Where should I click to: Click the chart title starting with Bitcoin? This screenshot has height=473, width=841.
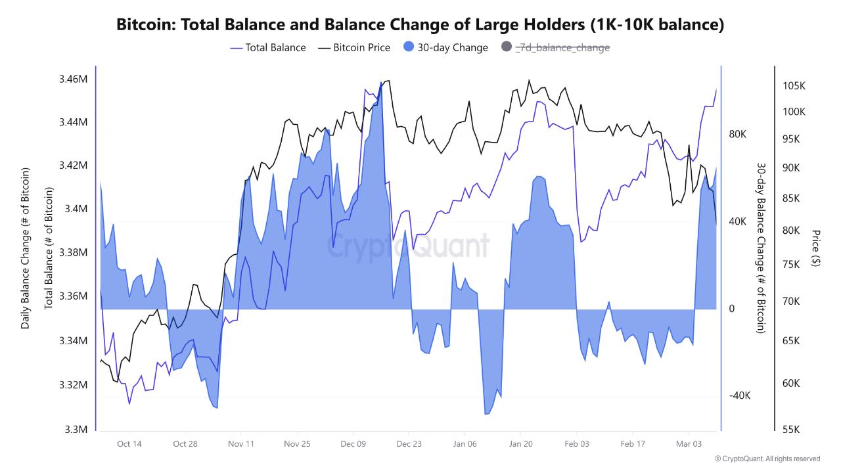(420, 25)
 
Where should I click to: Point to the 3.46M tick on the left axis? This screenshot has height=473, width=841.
(73, 79)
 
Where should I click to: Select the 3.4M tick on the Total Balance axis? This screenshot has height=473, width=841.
(76, 209)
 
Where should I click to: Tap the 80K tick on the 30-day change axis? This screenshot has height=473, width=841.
(738, 134)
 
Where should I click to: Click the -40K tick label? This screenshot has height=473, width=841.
(739, 395)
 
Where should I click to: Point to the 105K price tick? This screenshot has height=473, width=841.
(794, 86)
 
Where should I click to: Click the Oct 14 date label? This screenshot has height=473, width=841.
(129, 443)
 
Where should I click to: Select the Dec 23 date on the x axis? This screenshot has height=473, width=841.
(409, 443)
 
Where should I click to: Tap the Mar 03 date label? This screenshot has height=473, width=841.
(689, 443)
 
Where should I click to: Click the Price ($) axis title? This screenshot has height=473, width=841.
(816, 248)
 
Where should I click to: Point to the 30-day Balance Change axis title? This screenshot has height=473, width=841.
(761, 248)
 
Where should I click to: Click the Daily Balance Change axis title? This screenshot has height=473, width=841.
(26, 248)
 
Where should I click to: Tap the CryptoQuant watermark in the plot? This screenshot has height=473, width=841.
(408, 246)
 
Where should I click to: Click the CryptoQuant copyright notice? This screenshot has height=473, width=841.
(767, 459)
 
